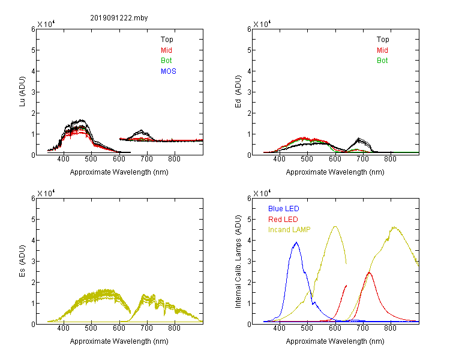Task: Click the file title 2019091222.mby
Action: click(119, 18)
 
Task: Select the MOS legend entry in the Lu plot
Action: click(169, 71)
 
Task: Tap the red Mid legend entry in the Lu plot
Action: click(166, 50)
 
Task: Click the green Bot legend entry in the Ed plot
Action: click(382, 61)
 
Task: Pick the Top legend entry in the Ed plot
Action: click(383, 40)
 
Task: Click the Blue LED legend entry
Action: click(284, 209)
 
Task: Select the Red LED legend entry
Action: click(283, 220)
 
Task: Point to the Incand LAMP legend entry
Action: click(289, 230)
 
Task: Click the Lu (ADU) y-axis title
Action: click(22, 92)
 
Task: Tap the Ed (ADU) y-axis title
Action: click(238, 92)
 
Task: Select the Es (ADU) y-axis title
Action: click(22, 261)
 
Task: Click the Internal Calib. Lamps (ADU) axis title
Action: click(238, 262)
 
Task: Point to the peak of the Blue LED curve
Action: click(296, 242)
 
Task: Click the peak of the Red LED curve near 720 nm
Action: click(369, 272)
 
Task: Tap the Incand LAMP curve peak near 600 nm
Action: click(335, 227)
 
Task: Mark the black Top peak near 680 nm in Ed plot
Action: click(358, 139)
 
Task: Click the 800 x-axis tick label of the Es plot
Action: click(174, 328)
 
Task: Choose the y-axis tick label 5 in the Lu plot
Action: click(33, 50)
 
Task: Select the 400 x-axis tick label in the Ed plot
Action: click(279, 159)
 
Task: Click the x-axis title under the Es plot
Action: click(119, 341)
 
